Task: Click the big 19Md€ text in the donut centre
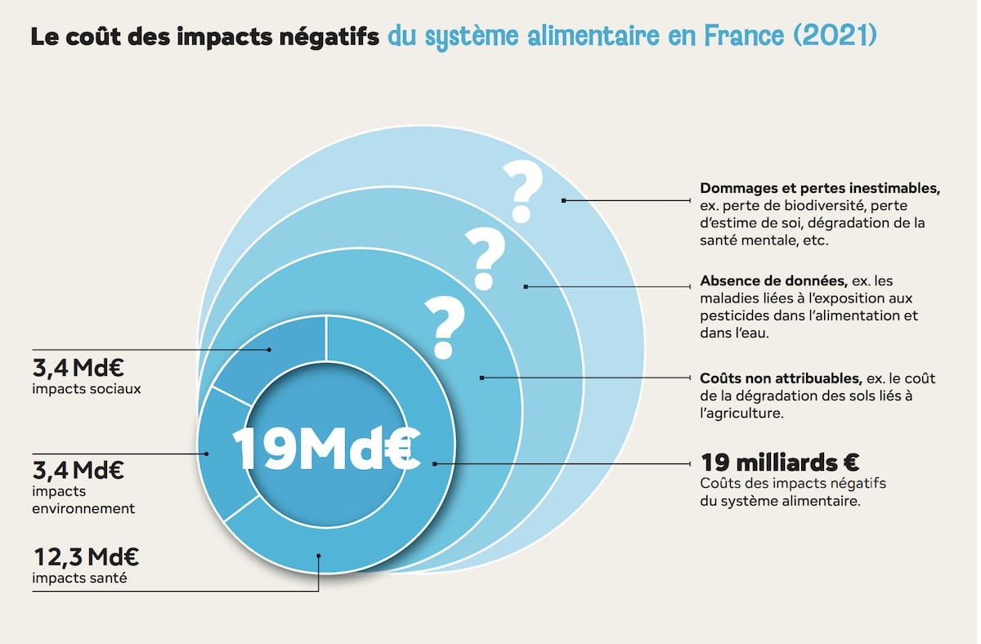(x=325, y=449)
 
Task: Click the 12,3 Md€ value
(x=86, y=558)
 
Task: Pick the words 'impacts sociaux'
(x=87, y=389)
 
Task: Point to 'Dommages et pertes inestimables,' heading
(x=820, y=187)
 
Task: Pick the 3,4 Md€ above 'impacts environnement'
(x=78, y=471)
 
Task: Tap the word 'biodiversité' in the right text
(x=829, y=204)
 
